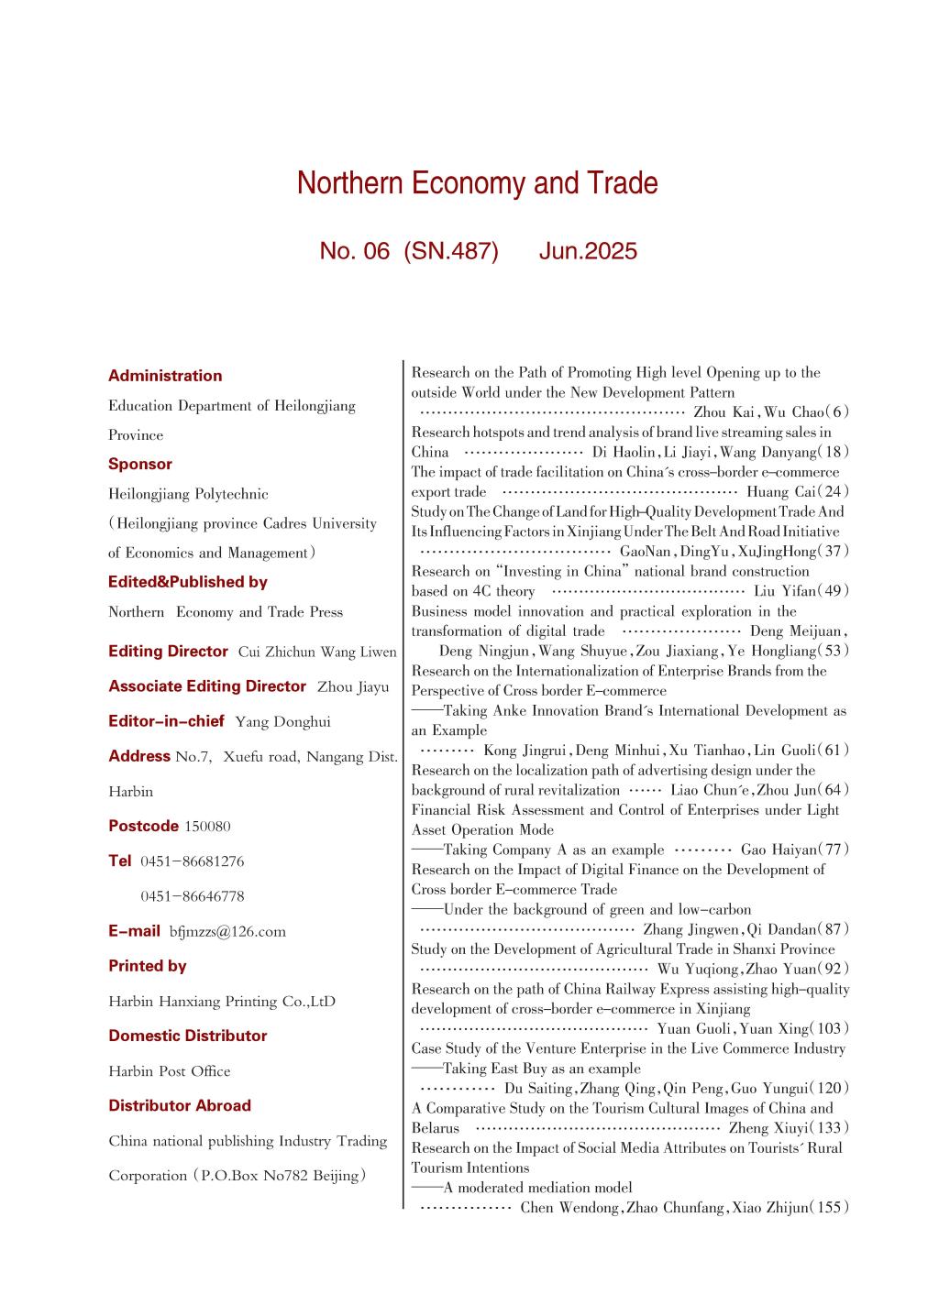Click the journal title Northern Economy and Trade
point(477,184)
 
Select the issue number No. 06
point(355,251)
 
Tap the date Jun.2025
point(588,251)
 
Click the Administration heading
point(165,376)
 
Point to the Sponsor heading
point(140,464)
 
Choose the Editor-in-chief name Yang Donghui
point(282,722)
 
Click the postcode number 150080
point(207,827)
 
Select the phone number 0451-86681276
point(193,861)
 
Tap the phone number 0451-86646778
point(193,896)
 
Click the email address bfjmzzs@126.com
point(227,932)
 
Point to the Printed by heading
point(148,966)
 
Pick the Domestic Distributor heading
point(188,1036)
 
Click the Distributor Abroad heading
point(180,1105)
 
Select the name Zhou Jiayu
point(353,686)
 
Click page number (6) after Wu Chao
point(840,412)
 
